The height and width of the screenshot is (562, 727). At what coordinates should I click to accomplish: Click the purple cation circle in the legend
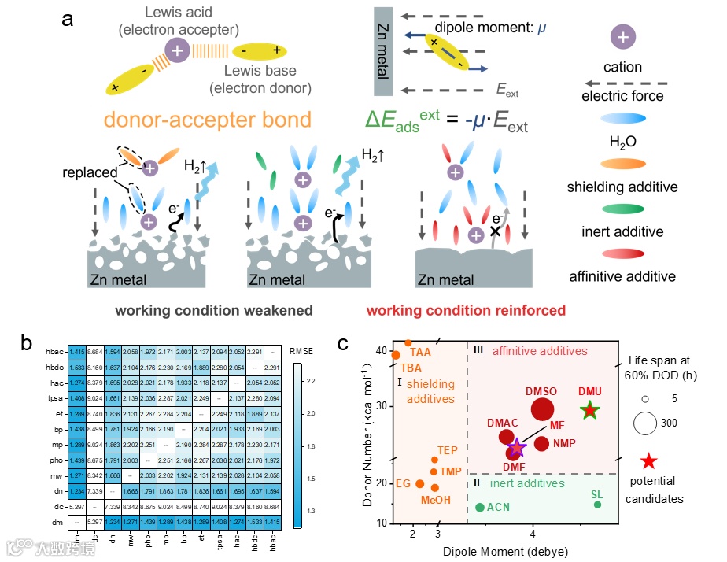pyautogui.click(x=622, y=36)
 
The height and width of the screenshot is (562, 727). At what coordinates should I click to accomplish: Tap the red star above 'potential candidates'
pyautogui.click(x=648, y=461)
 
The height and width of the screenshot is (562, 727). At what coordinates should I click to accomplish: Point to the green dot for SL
pyautogui.click(x=597, y=505)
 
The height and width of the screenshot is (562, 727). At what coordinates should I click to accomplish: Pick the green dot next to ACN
pyautogui.click(x=479, y=507)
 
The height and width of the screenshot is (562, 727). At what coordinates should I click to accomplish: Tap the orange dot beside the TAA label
pyautogui.click(x=408, y=343)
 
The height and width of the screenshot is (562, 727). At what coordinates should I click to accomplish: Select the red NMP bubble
pyautogui.click(x=541, y=443)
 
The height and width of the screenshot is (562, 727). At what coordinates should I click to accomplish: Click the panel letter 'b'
pyautogui.click(x=26, y=343)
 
